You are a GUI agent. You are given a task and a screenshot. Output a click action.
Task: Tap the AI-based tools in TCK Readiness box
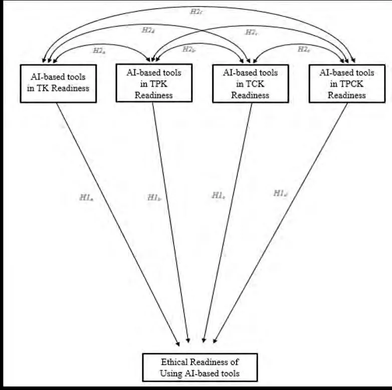(x=250, y=84)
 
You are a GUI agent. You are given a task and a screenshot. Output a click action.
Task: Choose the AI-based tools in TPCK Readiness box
(x=346, y=84)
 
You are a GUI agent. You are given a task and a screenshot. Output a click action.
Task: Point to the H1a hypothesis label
(x=86, y=197)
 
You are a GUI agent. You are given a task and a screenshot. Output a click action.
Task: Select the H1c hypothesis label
(x=218, y=196)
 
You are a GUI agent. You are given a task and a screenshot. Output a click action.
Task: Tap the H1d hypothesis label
(x=280, y=193)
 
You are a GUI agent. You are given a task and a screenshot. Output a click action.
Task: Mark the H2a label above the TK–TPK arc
(x=99, y=50)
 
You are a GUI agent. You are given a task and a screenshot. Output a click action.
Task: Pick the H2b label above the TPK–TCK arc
(x=188, y=49)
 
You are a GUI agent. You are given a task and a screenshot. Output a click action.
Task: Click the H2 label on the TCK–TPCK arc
(x=303, y=49)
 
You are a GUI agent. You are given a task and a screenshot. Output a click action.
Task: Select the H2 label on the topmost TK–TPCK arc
(x=197, y=11)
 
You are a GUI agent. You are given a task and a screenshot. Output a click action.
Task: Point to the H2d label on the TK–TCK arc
(x=148, y=30)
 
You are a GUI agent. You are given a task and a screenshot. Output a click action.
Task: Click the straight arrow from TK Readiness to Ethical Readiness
(x=118, y=223)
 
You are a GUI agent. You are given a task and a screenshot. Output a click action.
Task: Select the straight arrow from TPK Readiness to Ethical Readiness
(x=170, y=223)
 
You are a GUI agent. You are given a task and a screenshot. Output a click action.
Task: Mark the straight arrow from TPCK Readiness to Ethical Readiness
(x=281, y=223)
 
